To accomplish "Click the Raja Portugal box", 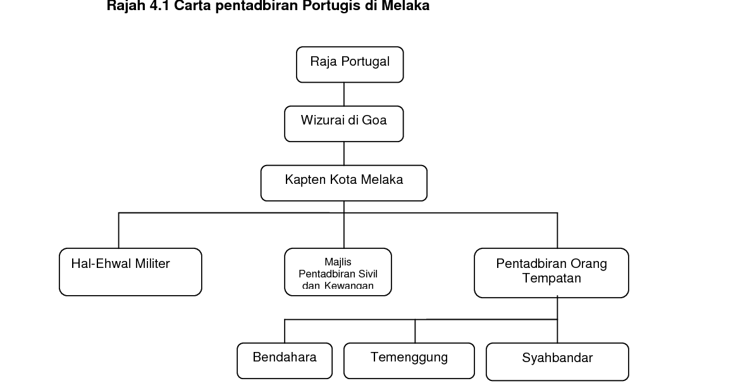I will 350,64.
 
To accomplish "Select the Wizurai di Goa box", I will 343,124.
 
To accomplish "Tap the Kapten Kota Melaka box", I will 343,183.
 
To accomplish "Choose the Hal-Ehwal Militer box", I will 130,272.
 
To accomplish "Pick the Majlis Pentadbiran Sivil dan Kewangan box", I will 338,272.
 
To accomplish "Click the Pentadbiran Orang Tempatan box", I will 552,273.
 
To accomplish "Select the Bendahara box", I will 285,360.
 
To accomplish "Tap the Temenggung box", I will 409,360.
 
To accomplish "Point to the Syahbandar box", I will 557,361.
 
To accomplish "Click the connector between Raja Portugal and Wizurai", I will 344,94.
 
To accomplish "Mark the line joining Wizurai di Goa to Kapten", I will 344,154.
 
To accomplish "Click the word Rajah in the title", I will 123,6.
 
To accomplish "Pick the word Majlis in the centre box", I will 338,262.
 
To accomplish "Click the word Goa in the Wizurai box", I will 374,120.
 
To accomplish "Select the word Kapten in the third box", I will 305,179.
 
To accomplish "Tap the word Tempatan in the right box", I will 552,278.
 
